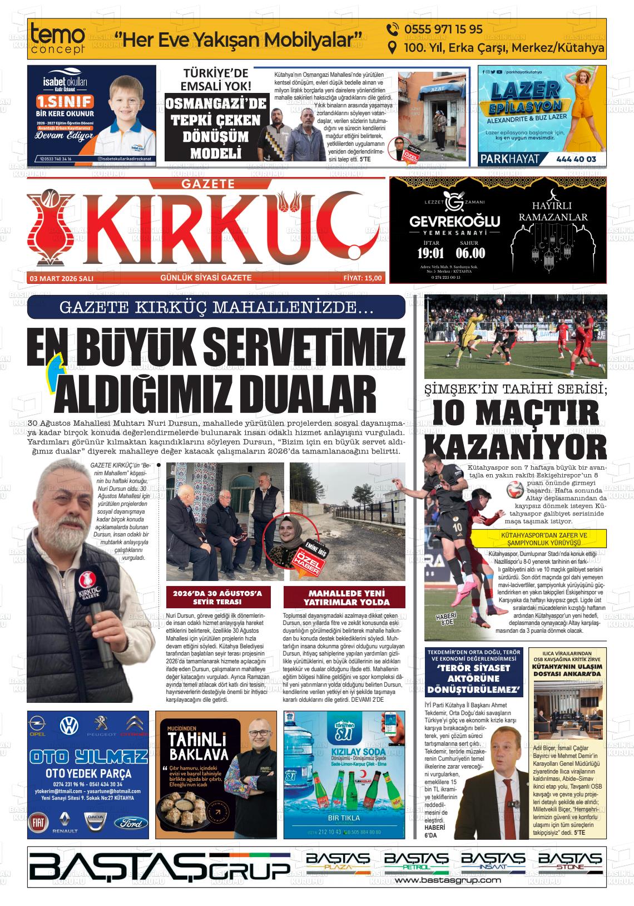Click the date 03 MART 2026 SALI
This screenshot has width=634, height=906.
click(x=62, y=278)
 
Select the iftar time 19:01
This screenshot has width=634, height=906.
click(x=430, y=253)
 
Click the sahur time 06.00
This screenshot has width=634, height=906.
click(x=470, y=253)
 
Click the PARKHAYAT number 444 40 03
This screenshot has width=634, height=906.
click(x=576, y=159)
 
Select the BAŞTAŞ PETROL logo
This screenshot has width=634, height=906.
click(x=416, y=861)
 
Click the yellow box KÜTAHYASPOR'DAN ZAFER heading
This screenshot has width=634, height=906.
click(x=528, y=539)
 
